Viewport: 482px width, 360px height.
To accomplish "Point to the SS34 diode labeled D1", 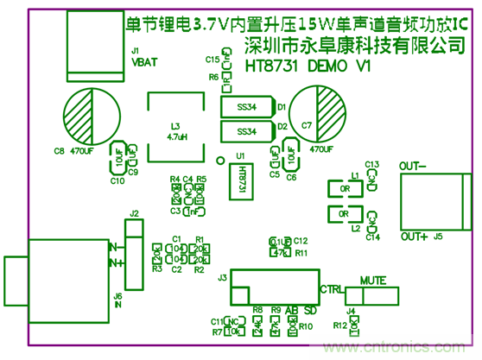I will click(245, 109).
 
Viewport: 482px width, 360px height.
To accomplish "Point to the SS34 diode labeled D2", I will click(245, 131).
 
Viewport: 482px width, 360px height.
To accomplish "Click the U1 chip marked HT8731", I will click(241, 180).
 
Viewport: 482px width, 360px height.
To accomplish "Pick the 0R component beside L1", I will click(344, 188).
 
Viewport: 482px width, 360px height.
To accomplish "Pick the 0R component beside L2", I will click(344, 213).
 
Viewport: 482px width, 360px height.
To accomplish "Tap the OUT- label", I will click(413, 165).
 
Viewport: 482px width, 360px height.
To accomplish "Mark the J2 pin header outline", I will click(133, 254).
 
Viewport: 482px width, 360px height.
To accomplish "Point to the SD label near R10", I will click(310, 310).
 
